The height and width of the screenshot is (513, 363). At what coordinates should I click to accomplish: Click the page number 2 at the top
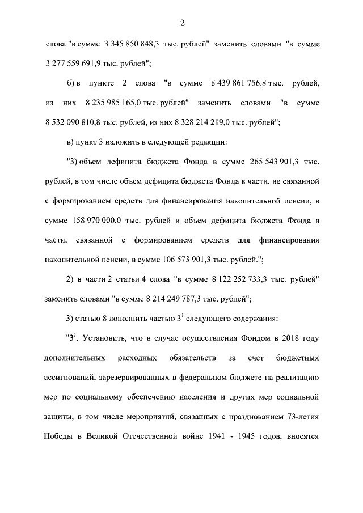pos(182,23)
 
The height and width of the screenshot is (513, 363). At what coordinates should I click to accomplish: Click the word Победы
pos(58,438)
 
